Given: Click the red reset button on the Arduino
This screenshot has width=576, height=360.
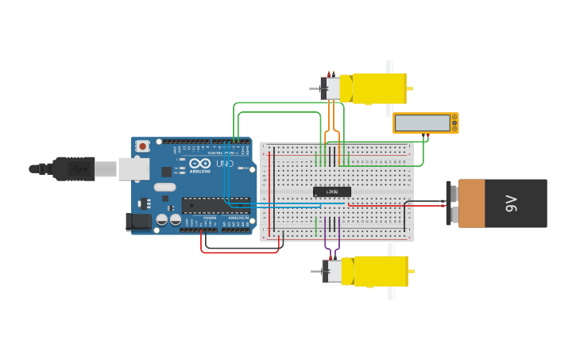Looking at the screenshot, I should click(142, 145).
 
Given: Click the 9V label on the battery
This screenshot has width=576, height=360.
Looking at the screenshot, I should click(511, 203).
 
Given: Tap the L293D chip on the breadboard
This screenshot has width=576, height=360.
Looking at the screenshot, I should click(331, 192).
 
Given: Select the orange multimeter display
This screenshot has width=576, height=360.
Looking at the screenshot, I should click(425, 123).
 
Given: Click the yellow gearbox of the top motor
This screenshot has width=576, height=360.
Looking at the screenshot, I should click(379, 88).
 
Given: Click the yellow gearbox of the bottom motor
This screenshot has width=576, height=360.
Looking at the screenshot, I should click(381, 271).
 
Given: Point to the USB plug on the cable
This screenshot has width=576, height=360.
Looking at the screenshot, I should click(75, 168).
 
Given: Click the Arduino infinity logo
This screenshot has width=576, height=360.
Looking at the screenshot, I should click(200, 164).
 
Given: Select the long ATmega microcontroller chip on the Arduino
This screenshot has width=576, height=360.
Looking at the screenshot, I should click(215, 205).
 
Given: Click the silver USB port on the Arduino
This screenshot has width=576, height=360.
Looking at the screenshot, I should click(133, 168).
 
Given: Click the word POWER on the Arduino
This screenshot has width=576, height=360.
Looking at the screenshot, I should click(209, 217).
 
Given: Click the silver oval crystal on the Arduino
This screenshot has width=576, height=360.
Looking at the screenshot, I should click(164, 188).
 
